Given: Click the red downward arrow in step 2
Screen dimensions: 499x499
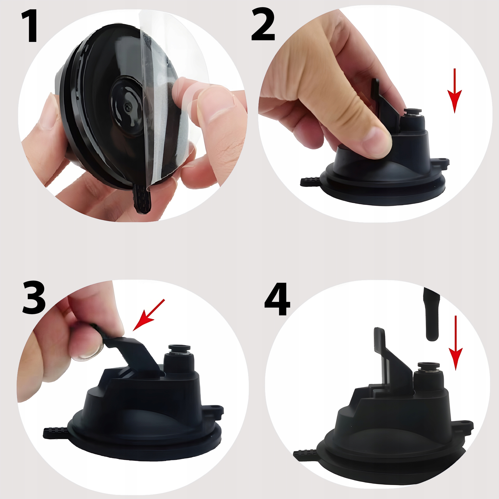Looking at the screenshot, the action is point(455,91).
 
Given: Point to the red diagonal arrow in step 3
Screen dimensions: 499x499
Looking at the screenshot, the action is point(149,315).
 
